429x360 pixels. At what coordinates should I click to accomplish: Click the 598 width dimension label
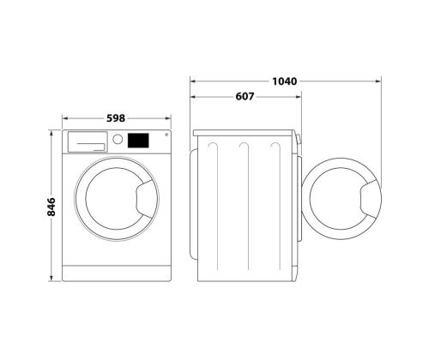[x=116, y=118]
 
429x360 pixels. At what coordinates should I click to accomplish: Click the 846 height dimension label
[x=51, y=207]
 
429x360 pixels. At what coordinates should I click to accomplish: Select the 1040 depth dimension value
[x=284, y=81]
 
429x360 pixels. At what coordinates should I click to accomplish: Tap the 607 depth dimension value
[x=245, y=97]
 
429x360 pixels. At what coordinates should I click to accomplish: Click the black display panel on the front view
[x=138, y=141]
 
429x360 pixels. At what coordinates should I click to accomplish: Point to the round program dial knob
[x=118, y=139]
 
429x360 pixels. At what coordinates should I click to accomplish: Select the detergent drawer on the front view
[x=88, y=141]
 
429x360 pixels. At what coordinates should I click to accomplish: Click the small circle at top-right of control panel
[x=166, y=135]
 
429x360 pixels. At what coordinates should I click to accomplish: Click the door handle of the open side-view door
[x=370, y=199]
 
